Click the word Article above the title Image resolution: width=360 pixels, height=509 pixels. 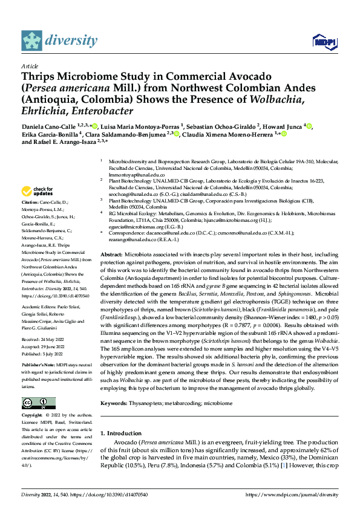point(30,66)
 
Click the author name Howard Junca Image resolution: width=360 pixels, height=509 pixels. point(283,126)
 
